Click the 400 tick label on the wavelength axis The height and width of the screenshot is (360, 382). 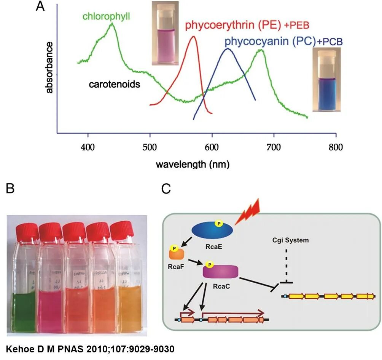[x=88, y=147]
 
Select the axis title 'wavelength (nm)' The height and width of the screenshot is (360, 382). [x=193, y=165]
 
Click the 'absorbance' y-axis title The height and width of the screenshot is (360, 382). [x=49, y=67]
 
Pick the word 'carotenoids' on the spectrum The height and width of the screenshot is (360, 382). [x=115, y=84]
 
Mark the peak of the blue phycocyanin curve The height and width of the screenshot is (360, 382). [x=228, y=49]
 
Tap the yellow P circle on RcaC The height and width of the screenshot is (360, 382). [x=209, y=264]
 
